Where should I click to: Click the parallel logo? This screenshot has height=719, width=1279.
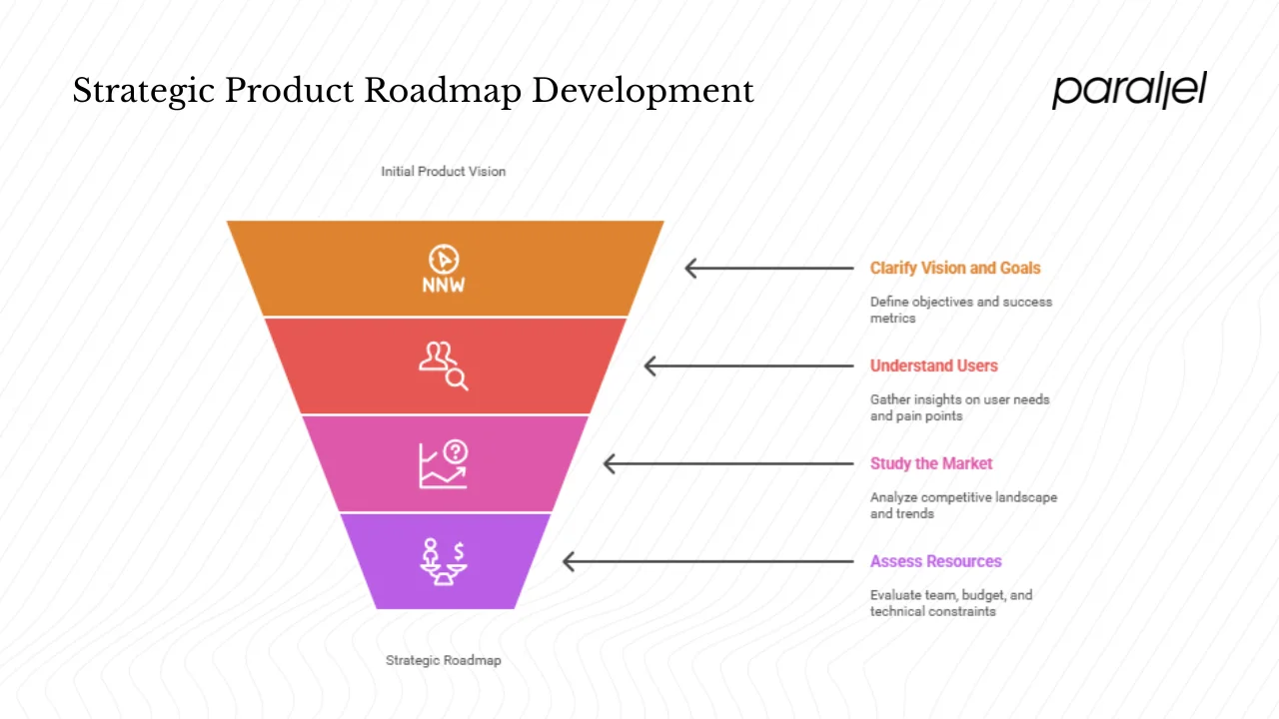pyautogui.click(x=1128, y=90)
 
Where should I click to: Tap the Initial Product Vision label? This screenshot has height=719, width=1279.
pyautogui.click(x=443, y=172)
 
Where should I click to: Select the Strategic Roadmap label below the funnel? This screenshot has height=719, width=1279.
pyautogui.click(x=443, y=660)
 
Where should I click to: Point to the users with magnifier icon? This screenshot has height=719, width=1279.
pyautogui.click(x=443, y=365)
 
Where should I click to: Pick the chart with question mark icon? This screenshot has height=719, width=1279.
pyautogui.click(x=443, y=464)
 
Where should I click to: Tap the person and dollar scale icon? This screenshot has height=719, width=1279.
pyautogui.click(x=443, y=561)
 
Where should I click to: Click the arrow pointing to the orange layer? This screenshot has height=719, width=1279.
pyautogui.click(x=768, y=268)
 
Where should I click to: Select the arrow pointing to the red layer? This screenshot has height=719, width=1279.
pyautogui.click(x=748, y=366)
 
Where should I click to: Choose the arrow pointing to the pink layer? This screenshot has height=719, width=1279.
pyautogui.click(x=728, y=463)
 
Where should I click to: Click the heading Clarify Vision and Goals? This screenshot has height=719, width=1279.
pyautogui.click(x=954, y=268)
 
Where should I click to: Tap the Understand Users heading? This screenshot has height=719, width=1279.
pyautogui.click(x=933, y=365)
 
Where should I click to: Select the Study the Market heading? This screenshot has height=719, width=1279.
pyautogui.click(x=931, y=463)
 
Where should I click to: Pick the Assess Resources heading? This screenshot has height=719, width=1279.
pyautogui.click(x=935, y=561)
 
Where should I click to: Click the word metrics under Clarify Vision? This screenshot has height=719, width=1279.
pyautogui.click(x=892, y=319)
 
